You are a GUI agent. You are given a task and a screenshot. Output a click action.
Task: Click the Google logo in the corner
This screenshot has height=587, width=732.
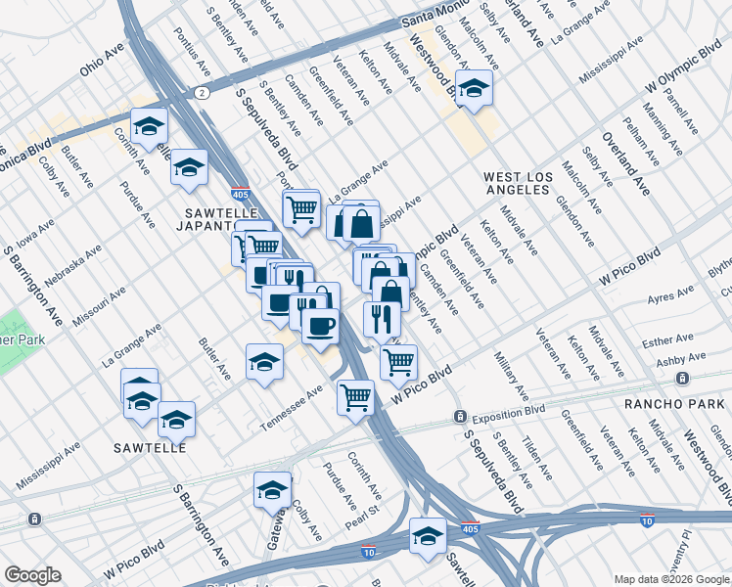coord(31,575)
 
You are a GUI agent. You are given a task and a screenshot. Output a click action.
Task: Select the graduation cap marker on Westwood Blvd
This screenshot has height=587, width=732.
coord(474,89)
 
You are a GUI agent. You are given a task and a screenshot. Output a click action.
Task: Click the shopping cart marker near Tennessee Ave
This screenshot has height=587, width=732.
coord(355,397)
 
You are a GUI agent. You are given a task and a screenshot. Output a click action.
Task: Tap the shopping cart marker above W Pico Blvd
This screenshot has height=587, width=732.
coord(398,362)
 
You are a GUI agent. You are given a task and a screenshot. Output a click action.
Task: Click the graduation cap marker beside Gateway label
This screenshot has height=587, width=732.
coord(272,491)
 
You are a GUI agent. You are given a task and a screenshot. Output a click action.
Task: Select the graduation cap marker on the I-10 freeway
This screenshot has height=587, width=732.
coord(427,537)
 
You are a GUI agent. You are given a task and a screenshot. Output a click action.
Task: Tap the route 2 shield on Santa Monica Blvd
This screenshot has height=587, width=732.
coord(201,92)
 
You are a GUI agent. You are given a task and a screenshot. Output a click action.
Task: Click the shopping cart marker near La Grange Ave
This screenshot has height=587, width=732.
coord(301,207)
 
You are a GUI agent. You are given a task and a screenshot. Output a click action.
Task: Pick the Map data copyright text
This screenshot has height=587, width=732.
coord(671,578)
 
